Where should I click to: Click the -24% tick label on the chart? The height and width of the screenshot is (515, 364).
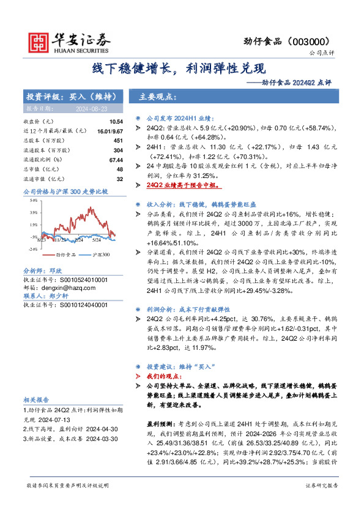[32, 249]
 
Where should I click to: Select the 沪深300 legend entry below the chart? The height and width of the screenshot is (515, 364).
[101, 254]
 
